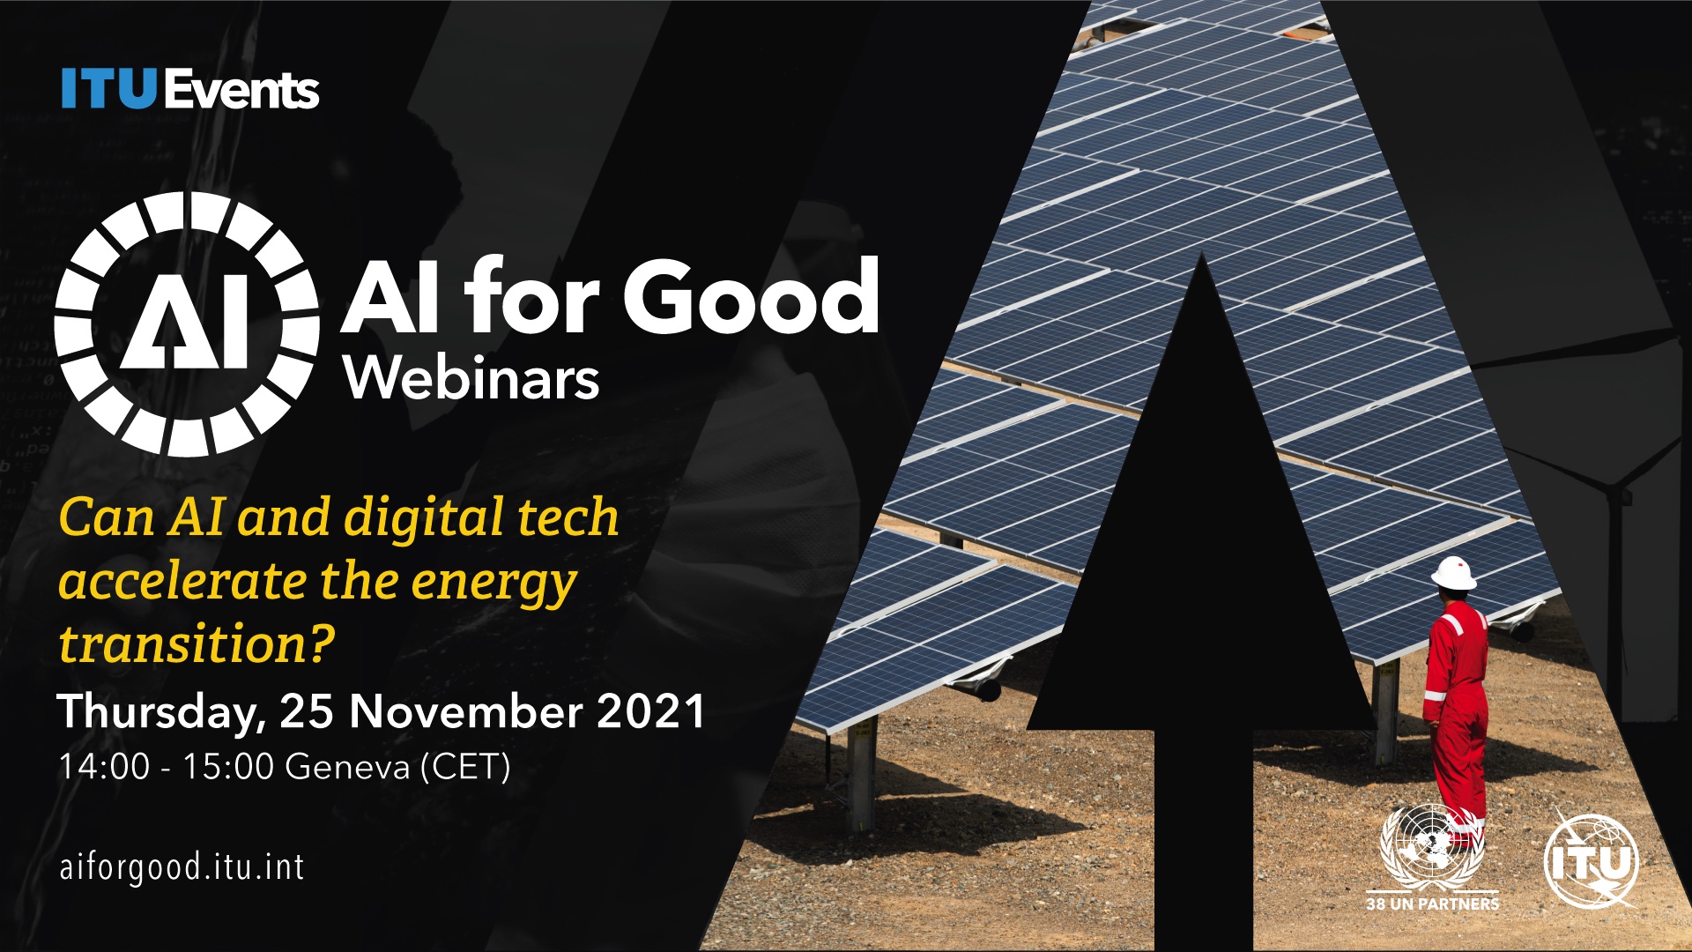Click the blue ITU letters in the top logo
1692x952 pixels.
[108, 90]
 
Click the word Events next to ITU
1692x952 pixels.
[241, 90]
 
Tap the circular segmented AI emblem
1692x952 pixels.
[187, 324]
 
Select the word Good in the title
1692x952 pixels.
[752, 296]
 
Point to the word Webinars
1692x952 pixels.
[472, 378]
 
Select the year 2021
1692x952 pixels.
[651, 710]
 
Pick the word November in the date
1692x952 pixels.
[471, 710]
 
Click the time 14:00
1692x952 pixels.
[104, 766]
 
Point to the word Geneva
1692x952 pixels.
[348, 766]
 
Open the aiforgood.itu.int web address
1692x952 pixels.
[182, 866]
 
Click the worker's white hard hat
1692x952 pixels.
[1454, 573]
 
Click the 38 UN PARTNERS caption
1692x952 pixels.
[1433, 904]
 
